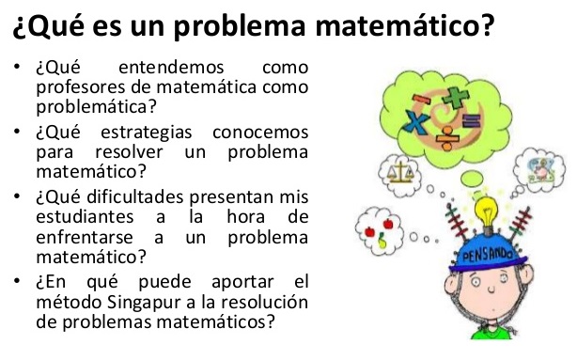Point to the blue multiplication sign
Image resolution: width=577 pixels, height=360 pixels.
pyautogui.click(x=415, y=120)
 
